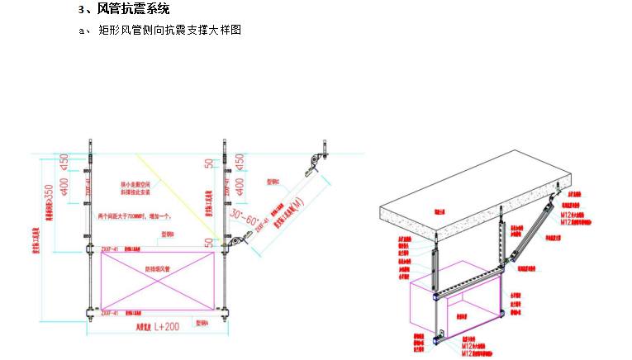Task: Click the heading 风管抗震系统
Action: click(x=133, y=9)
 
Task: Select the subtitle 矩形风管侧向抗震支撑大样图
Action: click(x=169, y=31)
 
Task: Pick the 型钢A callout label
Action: click(x=203, y=324)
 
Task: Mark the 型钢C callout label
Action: click(x=273, y=180)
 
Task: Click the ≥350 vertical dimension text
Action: click(x=51, y=198)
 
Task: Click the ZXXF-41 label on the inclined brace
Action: click(x=263, y=221)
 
